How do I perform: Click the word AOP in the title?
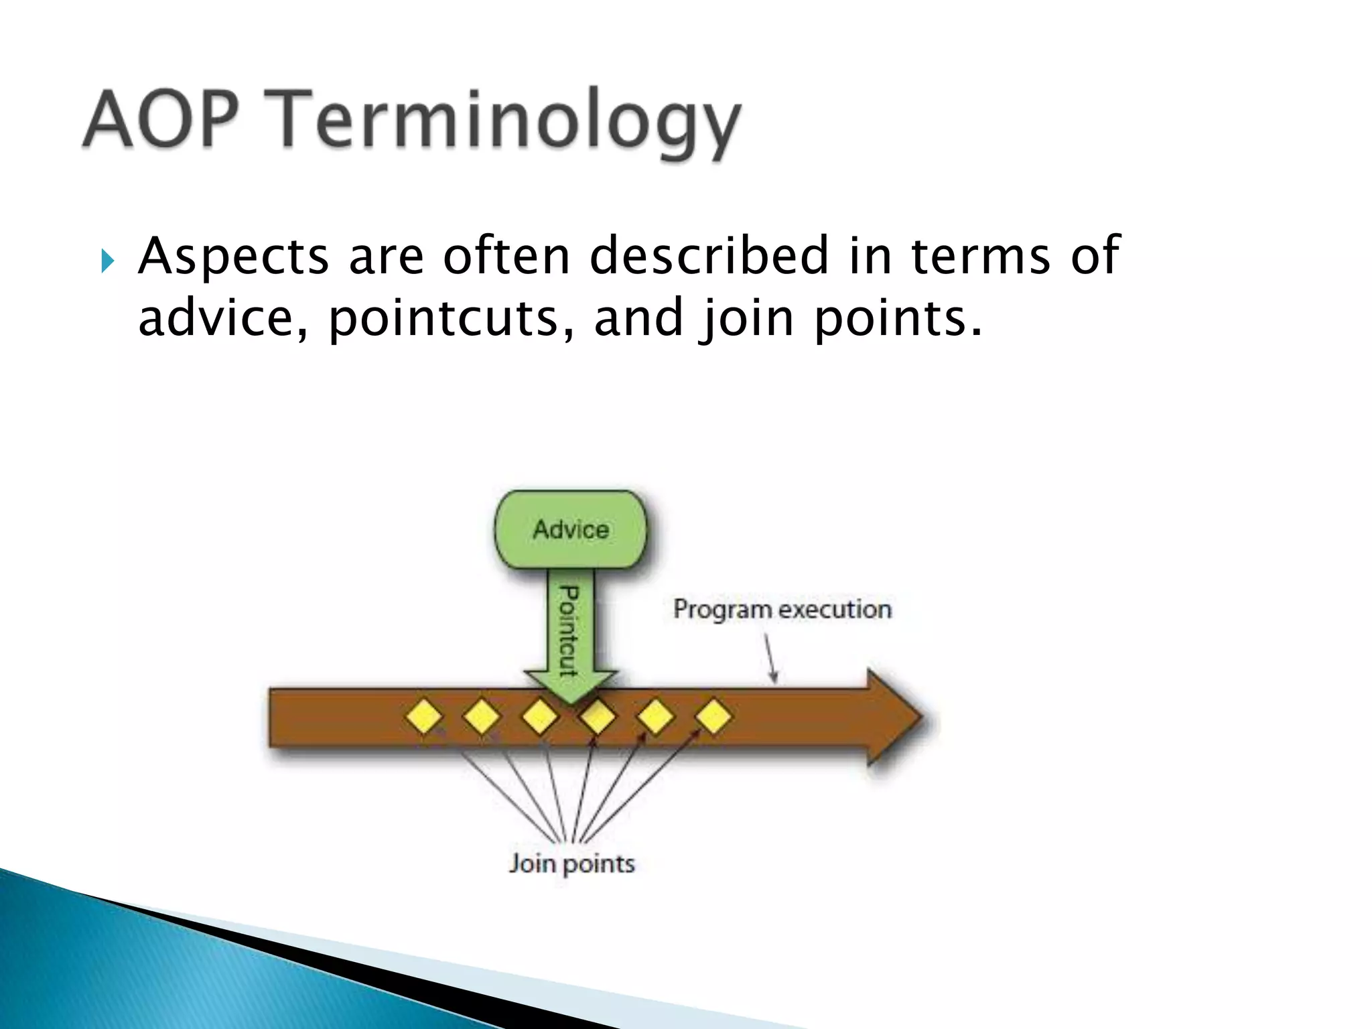click(x=161, y=119)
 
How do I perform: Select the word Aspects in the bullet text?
click(x=233, y=257)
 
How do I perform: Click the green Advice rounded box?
click(x=571, y=529)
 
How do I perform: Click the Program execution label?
click(x=782, y=609)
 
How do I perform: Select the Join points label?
click(x=571, y=863)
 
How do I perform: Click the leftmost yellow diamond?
click(x=424, y=717)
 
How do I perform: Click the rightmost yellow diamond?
click(x=713, y=717)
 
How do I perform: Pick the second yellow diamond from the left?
click(x=482, y=717)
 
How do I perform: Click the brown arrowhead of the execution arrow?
click(x=894, y=717)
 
